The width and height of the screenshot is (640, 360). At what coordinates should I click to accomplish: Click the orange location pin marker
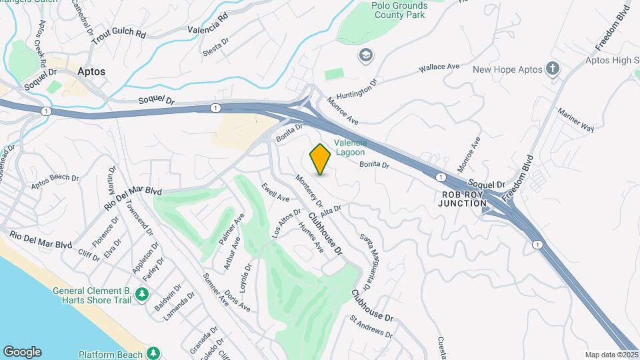tap(320, 159)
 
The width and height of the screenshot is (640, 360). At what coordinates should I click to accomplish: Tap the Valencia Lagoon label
tap(350, 147)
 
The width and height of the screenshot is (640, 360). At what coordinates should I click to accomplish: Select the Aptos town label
tap(91, 71)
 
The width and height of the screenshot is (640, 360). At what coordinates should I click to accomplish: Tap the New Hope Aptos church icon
tap(552, 69)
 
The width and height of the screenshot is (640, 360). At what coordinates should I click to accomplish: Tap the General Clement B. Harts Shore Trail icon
tap(141, 294)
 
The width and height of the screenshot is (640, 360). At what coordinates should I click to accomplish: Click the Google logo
tap(22, 352)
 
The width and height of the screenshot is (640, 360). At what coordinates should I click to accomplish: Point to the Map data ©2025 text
tap(611, 355)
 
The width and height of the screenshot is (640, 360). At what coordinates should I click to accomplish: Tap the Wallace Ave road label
tap(439, 67)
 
